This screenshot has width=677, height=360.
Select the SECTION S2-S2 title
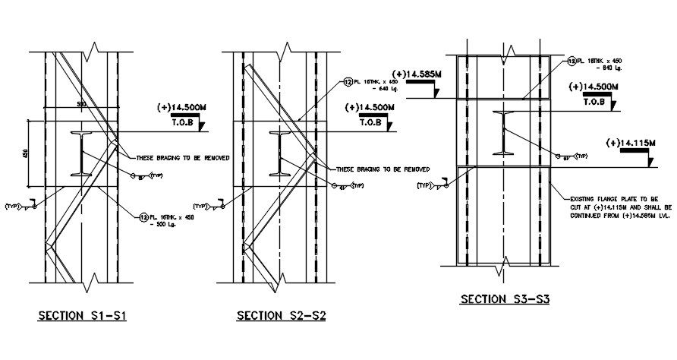281,316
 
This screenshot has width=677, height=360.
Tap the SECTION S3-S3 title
505,299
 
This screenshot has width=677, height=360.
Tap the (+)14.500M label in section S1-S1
185,107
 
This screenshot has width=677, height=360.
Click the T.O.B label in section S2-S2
371,122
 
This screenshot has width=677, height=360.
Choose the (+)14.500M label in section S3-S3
594,87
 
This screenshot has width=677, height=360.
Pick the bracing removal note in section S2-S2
383,169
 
